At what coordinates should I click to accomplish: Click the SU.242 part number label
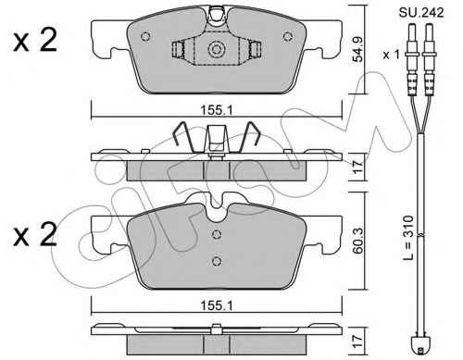coord(421,12)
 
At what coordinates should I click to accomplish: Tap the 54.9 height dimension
coord(358,49)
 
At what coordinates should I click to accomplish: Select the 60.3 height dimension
coord(358,241)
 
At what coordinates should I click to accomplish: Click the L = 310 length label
coord(408,238)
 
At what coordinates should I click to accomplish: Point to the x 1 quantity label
coord(391,55)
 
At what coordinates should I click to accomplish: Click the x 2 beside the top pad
coord(35,40)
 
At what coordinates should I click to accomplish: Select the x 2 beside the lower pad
coord(35,234)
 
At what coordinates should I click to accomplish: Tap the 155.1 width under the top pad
coord(217,110)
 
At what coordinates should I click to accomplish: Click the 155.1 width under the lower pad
coord(217,305)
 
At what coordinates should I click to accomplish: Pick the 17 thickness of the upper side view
coord(358,167)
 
